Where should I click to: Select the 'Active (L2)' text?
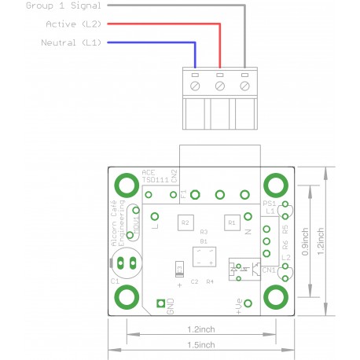73,24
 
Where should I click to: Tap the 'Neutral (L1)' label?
71,42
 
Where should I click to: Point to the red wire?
157,24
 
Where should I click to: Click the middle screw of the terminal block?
220,84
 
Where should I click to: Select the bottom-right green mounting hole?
275,297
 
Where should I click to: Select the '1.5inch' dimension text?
202,344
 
